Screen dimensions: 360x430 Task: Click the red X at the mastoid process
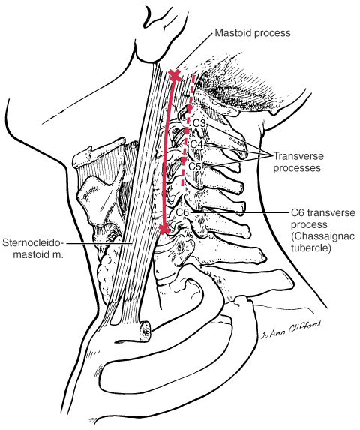pos(175,75)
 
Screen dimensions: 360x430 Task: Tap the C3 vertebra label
pos(199,123)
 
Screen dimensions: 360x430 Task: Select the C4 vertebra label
pos(196,144)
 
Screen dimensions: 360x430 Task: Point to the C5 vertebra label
pos(195,166)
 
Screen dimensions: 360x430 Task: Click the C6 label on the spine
pos(182,212)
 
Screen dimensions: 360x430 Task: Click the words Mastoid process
pos(253,33)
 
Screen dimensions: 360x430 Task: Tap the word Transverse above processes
pos(299,156)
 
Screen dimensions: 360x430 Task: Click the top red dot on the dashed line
pos(190,107)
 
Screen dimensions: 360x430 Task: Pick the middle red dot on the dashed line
pos(186,131)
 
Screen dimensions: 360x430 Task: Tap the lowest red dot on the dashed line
pos(184,159)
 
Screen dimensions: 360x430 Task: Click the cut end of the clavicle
pos(145,331)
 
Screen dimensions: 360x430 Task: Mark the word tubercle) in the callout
pos(311,248)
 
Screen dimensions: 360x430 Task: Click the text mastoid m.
pos(39,254)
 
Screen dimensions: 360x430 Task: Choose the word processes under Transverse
pos(297,168)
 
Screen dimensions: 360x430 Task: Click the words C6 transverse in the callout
pos(323,212)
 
